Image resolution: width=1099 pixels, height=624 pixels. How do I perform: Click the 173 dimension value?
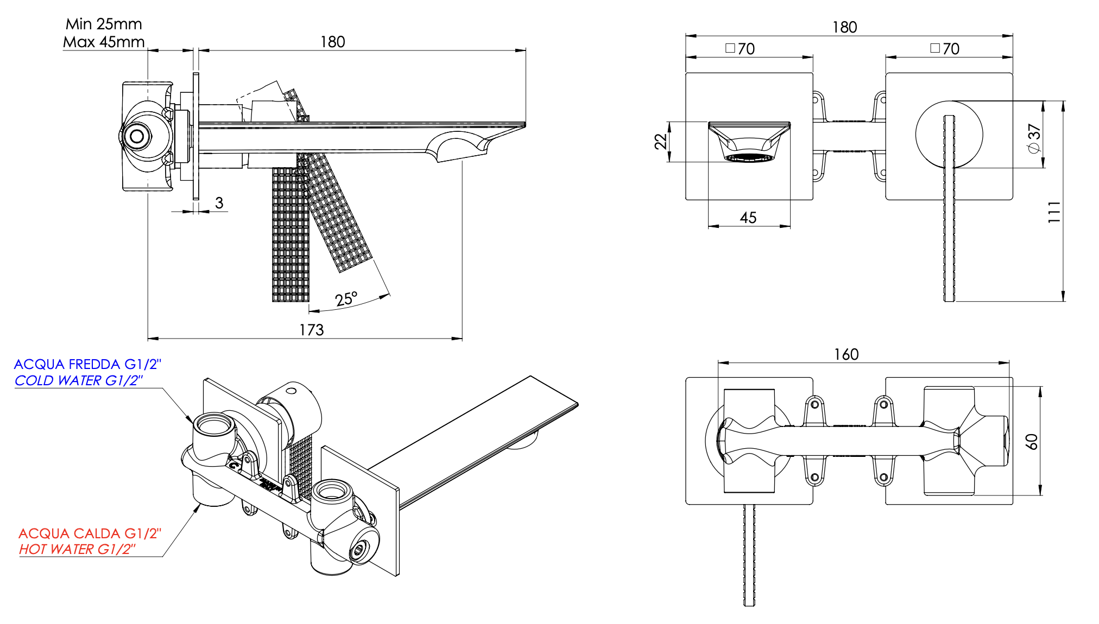click(x=311, y=330)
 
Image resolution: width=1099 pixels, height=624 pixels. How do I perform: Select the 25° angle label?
click(x=346, y=299)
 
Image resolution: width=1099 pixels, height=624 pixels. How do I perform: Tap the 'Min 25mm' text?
click(x=104, y=24)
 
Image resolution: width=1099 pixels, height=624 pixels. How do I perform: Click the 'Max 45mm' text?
click(x=104, y=42)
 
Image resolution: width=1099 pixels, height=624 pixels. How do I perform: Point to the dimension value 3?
click(x=219, y=203)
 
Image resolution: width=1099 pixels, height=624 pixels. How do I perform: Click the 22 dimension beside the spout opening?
click(x=660, y=142)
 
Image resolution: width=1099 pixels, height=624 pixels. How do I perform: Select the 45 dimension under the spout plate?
click(x=748, y=218)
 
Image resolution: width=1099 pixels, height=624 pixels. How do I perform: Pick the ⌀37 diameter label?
click(x=1033, y=139)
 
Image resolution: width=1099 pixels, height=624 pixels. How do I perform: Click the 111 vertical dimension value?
click(x=1054, y=212)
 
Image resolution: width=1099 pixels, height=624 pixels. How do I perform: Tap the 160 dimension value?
click(x=846, y=354)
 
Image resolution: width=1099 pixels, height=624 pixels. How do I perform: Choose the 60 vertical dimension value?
click(x=1032, y=442)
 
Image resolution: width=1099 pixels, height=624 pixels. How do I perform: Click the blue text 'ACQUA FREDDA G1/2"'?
click(x=87, y=364)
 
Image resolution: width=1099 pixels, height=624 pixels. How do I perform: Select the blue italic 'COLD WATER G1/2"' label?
click(x=79, y=380)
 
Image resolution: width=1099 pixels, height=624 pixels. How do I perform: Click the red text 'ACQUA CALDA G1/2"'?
click(x=90, y=533)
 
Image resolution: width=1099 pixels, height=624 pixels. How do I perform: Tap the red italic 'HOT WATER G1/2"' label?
click(x=77, y=549)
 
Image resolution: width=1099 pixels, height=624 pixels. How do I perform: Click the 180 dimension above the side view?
click(x=332, y=42)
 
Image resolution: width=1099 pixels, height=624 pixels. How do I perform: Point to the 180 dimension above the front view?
click(x=844, y=27)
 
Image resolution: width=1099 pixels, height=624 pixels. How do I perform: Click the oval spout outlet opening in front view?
click(x=749, y=157)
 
